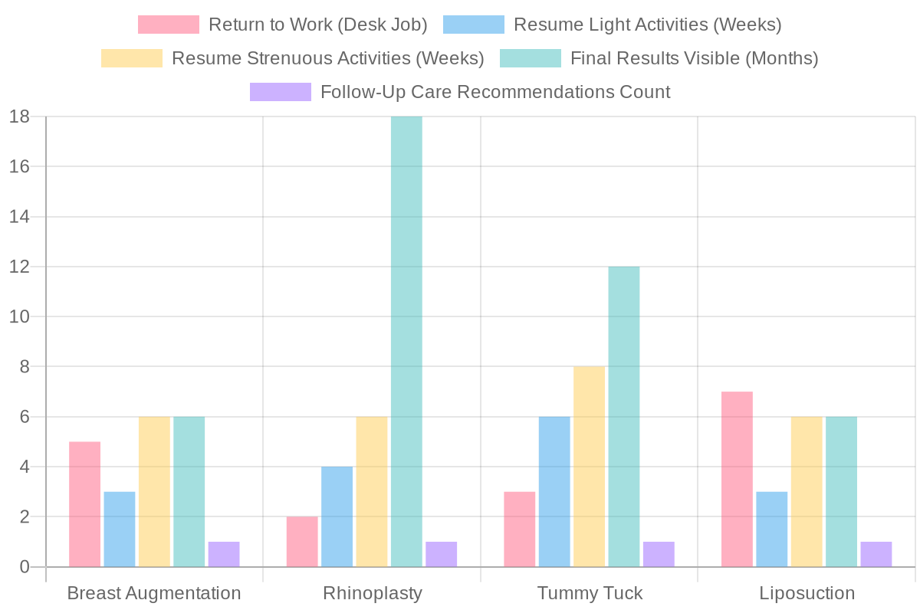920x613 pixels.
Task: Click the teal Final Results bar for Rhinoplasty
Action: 406,342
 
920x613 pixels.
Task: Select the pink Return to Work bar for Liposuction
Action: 737,479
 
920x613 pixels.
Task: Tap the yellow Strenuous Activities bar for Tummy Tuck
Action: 589,467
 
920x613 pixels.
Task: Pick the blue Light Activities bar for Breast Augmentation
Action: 120,529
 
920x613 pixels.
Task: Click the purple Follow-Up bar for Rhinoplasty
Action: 442,554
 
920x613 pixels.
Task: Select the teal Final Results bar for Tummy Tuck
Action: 624,417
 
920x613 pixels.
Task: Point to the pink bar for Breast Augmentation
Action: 84,504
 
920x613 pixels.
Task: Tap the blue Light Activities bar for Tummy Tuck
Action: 554,492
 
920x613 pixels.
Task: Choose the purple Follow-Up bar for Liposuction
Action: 876,554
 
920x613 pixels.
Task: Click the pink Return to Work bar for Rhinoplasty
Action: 302,542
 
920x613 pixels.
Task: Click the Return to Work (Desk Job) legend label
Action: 317,25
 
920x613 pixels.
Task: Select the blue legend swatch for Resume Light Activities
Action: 474,25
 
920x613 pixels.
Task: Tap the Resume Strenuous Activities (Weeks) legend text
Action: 327,58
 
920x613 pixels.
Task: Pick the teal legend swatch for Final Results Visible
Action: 531,58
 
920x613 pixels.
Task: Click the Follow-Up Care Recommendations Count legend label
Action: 495,92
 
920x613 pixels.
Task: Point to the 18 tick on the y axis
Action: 19,116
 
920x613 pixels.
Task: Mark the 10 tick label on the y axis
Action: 19,316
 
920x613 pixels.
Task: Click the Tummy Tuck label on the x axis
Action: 590,594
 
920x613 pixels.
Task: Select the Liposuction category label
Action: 807,594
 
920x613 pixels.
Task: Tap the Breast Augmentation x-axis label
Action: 154,594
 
